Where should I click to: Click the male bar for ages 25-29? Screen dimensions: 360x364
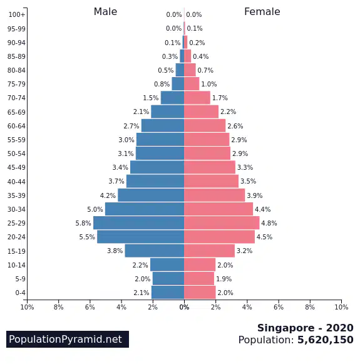(139, 223)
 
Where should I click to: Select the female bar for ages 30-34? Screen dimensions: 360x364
(219, 209)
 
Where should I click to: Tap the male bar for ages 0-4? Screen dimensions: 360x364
(168, 293)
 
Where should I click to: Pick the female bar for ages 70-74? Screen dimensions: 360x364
(197, 98)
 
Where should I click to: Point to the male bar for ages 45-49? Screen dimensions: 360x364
(157, 167)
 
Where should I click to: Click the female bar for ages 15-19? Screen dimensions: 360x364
(210, 251)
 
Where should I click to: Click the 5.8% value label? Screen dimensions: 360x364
(83, 223)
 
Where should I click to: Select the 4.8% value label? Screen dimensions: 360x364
(269, 223)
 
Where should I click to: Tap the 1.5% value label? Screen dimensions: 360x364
(150, 98)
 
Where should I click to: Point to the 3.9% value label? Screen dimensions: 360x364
(254, 195)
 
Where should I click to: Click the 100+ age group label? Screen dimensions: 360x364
(17, 14)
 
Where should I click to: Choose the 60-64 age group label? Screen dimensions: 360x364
(16, 126)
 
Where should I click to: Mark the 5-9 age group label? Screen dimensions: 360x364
(21, 279)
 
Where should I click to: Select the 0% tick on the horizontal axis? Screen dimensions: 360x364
(184, 307)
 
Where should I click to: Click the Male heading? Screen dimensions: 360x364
(105, 12)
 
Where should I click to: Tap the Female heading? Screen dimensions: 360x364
(262, 12)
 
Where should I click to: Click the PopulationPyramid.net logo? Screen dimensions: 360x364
(68, 339)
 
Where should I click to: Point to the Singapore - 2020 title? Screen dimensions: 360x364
(306, 328)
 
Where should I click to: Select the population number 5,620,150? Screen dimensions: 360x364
(326, 340)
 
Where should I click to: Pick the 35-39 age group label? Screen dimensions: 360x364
(16, 195)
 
